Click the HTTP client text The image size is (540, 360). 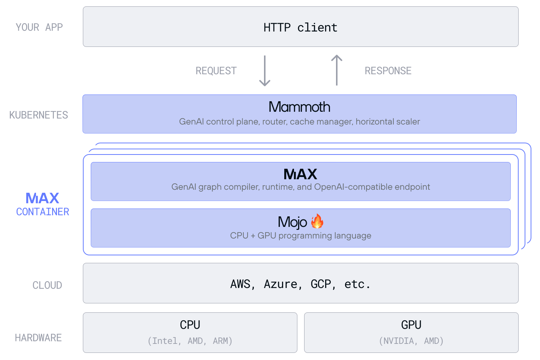300,27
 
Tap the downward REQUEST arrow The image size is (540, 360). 265,71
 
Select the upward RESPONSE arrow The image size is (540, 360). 337,70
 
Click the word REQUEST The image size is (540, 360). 216,71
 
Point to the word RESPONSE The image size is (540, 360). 388,71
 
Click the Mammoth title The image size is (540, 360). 299,107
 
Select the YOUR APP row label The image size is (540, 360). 39,27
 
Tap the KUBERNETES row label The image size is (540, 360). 39,115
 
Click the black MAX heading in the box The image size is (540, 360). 300,174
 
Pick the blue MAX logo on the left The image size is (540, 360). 42,198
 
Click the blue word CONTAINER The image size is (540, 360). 43,212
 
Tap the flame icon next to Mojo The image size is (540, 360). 317,222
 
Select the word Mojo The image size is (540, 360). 292,222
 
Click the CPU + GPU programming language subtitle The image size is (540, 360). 300,235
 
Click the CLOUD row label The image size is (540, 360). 47,285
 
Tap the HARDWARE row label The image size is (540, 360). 38,338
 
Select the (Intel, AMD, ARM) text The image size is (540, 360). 190,341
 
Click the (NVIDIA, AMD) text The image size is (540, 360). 411,341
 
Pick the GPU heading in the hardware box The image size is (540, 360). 411,325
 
